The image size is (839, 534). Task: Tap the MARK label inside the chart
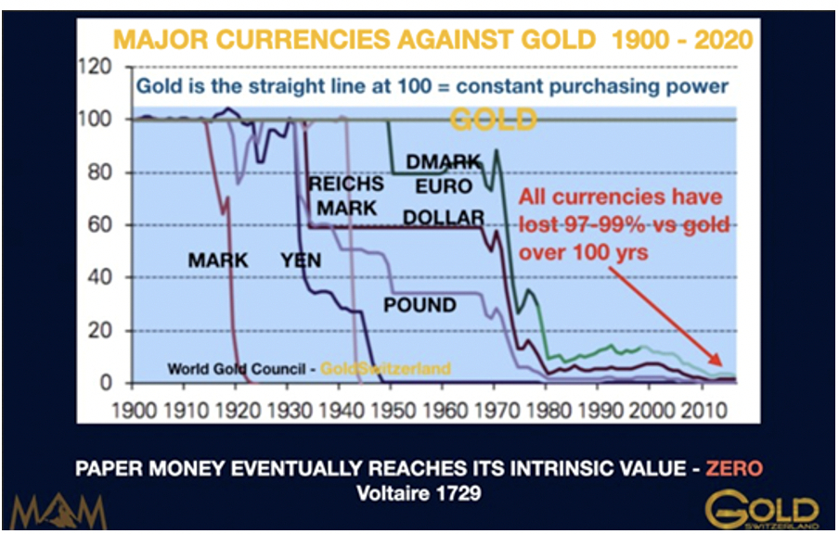[218, 261]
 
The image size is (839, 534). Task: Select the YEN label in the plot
[301, 261]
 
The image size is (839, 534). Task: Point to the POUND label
[420, 305]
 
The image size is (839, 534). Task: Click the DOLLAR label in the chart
[444, 218]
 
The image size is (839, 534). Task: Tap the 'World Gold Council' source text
[237, 369]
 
